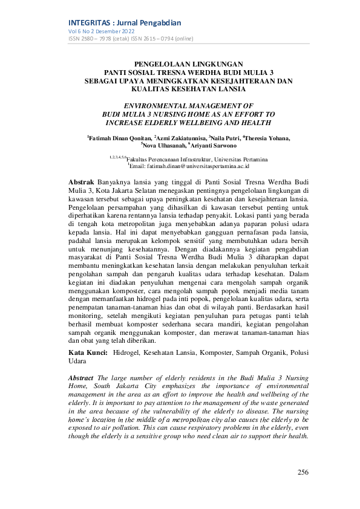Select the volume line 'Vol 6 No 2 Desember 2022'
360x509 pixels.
pos(101,31)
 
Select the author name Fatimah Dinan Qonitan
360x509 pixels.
pos(119,138)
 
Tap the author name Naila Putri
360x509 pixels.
pos(226,138)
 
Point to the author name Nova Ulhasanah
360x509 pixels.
pos(163,146)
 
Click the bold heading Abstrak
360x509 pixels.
pos(81,181)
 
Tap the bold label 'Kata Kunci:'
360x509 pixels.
pos(84,352)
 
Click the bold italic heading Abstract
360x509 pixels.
pos(82,377)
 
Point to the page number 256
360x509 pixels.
pos(304,472)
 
